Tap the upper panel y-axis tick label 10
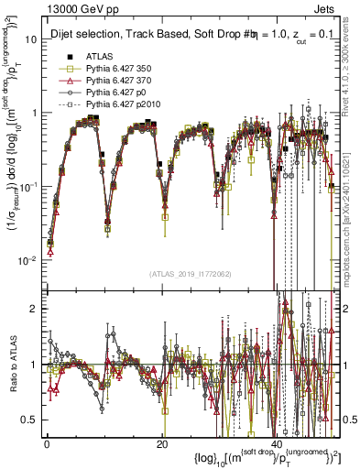[x=30, y=40]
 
